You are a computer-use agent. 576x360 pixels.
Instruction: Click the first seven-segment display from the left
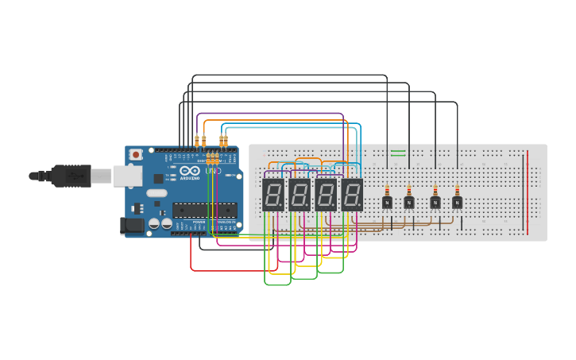(x=273, y=194)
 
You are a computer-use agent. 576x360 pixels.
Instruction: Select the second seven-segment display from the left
(x=300, y=194)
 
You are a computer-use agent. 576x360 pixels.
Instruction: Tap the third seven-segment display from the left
(x=326, y=194)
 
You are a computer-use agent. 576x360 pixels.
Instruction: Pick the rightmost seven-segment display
(x=352, y=194)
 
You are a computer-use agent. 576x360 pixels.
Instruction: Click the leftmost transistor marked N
(x=387, y=202)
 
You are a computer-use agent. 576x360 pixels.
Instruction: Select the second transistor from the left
(x=409, y=202)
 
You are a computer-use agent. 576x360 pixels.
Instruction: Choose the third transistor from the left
(x=435, y=202)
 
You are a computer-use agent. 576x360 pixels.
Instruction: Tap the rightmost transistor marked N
(x=458, y=202)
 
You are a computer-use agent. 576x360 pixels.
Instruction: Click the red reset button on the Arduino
(x=136, y=154)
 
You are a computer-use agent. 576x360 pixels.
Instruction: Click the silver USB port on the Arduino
(x=127, y=176)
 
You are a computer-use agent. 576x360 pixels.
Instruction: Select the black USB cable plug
(x=72, y=176)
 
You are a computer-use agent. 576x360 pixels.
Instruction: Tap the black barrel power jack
(x=132, y=226)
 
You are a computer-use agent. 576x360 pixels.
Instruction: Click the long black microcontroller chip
(x=205, y=210)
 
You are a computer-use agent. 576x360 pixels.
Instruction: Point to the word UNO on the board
(x=213, y=171)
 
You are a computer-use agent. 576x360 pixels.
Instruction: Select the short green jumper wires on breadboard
(x=398, y=153)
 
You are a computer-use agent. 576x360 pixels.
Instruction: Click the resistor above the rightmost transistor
(x=458, y=191)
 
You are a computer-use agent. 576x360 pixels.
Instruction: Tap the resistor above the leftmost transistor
(x=387, y=191)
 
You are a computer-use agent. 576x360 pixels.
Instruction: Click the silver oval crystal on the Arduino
(x=157, y=193)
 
